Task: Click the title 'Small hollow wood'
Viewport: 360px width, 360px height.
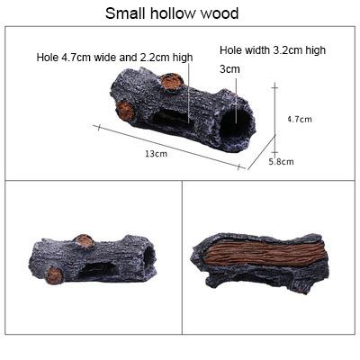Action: coord(172,13)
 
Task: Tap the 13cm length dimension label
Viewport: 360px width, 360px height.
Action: coord(157,154)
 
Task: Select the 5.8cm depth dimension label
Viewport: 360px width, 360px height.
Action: coord(281,162)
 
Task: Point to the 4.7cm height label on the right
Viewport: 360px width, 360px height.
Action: coord(300,119)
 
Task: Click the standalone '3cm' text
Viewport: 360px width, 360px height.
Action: coord(229,69)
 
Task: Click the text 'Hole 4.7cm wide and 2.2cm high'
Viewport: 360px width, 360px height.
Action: coord(114,57)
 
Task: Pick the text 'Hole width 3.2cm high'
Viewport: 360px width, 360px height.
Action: coord(273,50)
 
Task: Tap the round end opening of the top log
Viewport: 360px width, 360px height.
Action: coord(236,122)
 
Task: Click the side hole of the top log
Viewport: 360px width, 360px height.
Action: coord(172,119)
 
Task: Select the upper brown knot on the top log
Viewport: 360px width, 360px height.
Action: coord(172,81)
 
